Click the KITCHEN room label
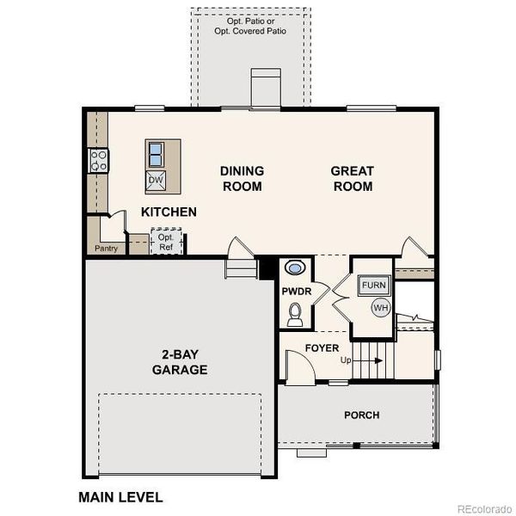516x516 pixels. (x=169, y=212)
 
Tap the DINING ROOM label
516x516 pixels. (x=242, y=179)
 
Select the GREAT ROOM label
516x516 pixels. (x=353, y=179)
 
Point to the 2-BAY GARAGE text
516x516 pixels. (x=180, y=363)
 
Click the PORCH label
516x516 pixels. (x=361, y=415)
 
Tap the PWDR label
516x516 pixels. (x=295, y=292)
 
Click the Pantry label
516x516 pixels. (x=105, y=249)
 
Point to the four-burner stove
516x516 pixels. (x=98, y=160)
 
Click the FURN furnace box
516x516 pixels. (x=373, y=286)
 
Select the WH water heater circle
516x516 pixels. (x=380, y=307)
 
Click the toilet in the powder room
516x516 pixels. (x=295, y=316)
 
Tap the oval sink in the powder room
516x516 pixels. (x=294, y=268)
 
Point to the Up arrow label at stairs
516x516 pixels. (x=347, y=359)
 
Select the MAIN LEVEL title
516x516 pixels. (x=120, y=496)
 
